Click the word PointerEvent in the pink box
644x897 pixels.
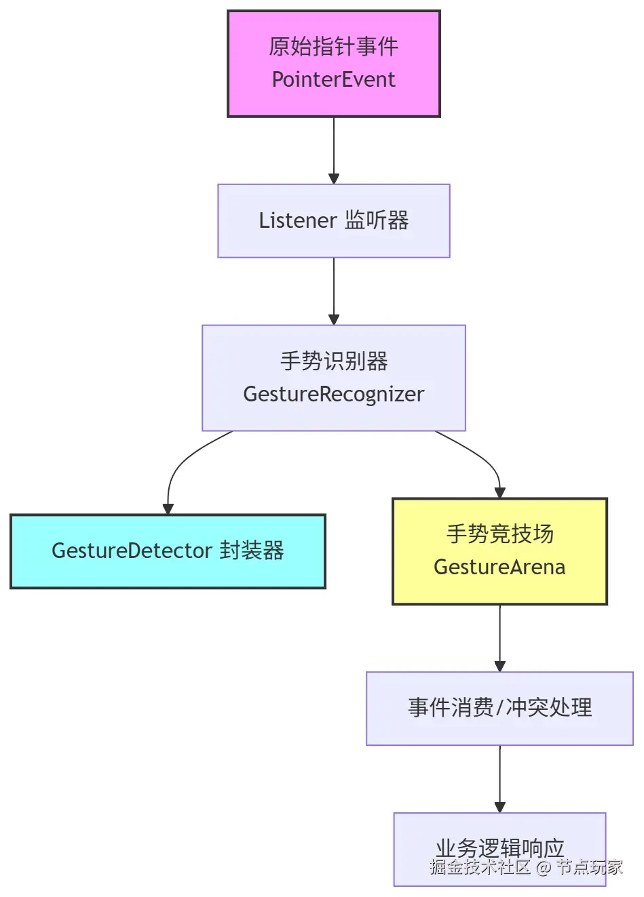(x=333, y=79)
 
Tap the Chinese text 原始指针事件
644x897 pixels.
(x=333, y=47)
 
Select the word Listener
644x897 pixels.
(x=298, y=220)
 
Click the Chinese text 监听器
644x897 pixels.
(x=377, y=220)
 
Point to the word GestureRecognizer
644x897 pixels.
(x=333, y=395)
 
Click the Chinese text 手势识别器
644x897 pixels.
(x=334, y=361)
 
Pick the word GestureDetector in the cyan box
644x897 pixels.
(x=132, y=551)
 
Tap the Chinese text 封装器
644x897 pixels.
(x=252, y=551)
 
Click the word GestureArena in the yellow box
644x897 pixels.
(x=499, y=567)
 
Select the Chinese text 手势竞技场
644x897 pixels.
(x=499, y=534)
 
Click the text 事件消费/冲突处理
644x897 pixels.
(x=499, y=708)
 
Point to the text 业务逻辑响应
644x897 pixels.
(x=499, y=848)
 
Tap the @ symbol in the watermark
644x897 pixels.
(x=544, y=867)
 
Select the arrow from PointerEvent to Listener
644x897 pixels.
(x=334, y=151)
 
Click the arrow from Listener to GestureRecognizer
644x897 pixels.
(x=334, y=291)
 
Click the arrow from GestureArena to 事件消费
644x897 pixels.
(x=499, y=638)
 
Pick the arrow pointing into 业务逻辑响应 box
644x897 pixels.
(x=499, y=779)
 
